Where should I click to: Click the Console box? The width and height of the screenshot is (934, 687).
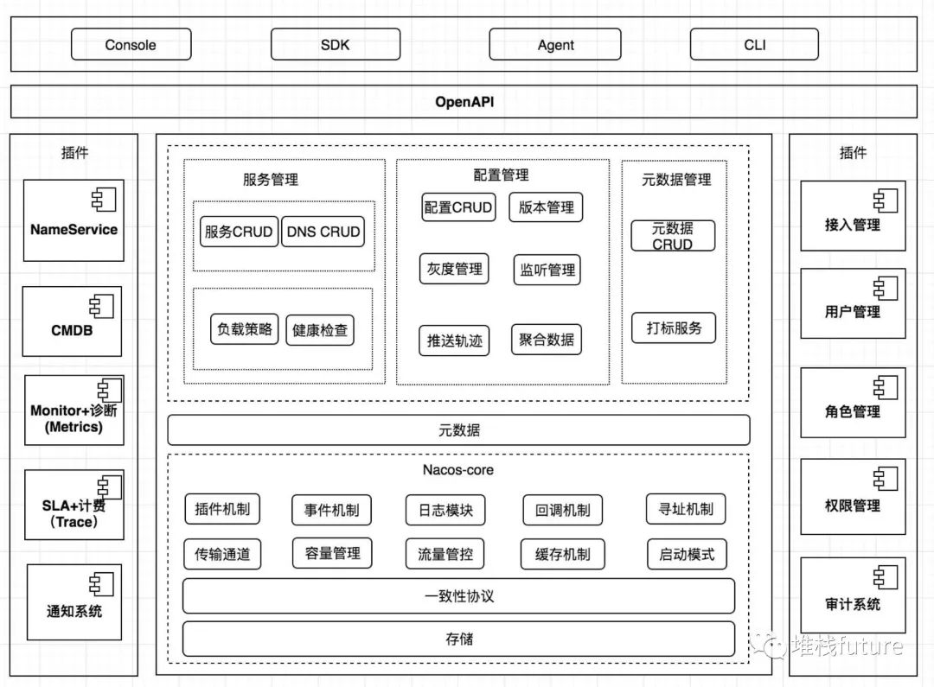click(131, 45)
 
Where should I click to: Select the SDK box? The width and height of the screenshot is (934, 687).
click(335, 45)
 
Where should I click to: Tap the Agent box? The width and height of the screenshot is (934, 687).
click(555, 45)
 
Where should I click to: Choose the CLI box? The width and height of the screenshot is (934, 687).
click(754, 45)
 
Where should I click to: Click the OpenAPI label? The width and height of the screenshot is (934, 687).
click(464, 102)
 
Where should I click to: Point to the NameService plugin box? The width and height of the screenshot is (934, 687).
click(74, 221)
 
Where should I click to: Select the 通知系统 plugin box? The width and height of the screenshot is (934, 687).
click(74, 601)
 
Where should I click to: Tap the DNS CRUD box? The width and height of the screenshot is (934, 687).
click(323, 232)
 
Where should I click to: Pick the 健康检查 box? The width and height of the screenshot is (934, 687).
click(320, 329)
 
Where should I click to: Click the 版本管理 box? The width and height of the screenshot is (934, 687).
click(546, 207)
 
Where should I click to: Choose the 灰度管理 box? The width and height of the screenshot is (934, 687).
click(453, 269)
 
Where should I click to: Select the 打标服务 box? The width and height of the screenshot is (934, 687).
click(674, 328)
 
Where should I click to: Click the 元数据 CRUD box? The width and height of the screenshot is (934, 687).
click(673, 236)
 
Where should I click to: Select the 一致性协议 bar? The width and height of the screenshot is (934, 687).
click(458, 596)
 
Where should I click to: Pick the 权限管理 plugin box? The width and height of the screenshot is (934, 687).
click(853, 494)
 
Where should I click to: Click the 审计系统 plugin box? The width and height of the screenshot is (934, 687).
click(853, 595)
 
